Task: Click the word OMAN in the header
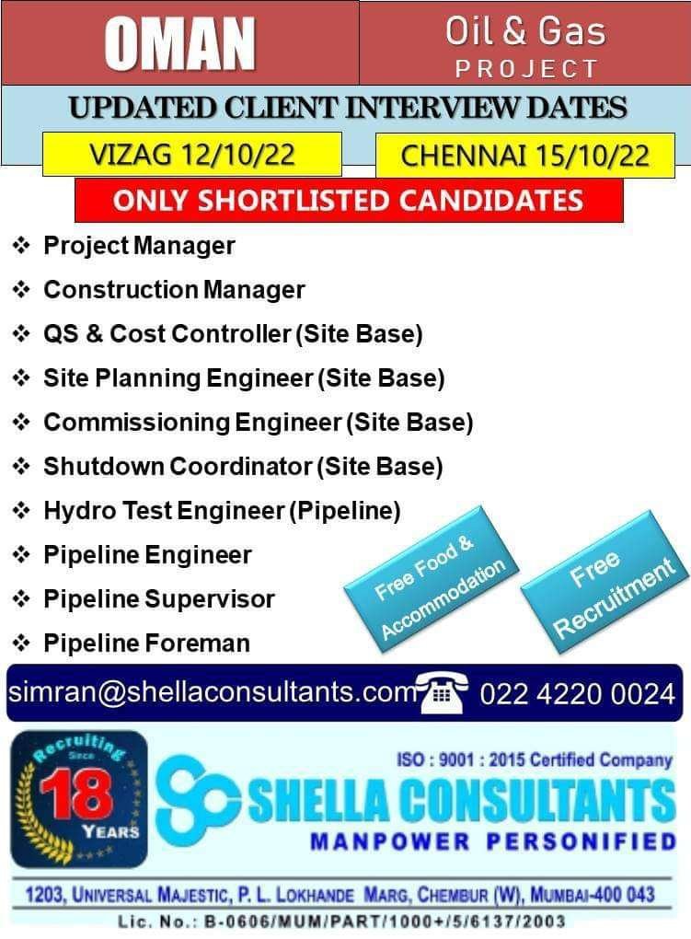coord(179,43)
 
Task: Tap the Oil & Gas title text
coord(525,31)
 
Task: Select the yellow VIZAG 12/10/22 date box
coord(192,155)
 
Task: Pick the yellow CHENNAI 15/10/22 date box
coord(525,156)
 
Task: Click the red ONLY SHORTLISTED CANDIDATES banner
coord(349,200)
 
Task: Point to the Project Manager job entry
coord(139,246)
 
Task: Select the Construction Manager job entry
coord(174,290)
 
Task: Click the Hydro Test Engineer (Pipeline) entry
coord(222,511)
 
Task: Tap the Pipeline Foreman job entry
coord(146,643)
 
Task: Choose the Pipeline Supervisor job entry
coord(159,599)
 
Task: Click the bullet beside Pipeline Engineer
coord(21,554)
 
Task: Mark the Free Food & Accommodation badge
coord(432,580)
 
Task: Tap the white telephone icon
coord(442,692)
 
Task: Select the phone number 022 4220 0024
coord(577,693)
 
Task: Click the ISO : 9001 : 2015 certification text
coord(534,759)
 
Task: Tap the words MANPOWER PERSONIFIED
coord(493,841)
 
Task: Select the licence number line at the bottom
coord(341,921)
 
